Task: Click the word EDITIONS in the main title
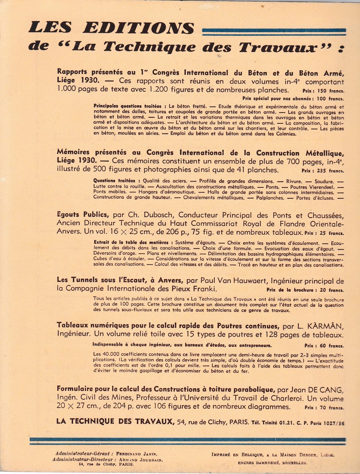(x=139, y=29)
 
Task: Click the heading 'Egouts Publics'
(x=83, y=214)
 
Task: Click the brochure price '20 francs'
(x=330, y=290)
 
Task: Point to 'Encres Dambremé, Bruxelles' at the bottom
(x=272, y=463)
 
